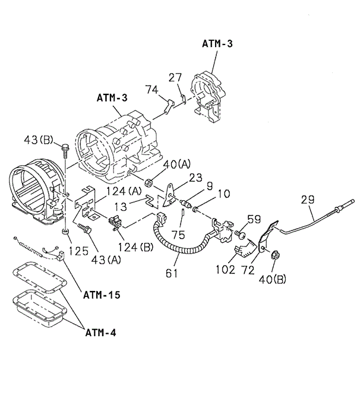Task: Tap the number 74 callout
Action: pyautogui.click(x=153, y=90)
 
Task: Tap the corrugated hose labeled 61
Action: pyautogui.click(x=172, y=243)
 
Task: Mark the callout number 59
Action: pyautogui.click(x=254, y=219)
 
